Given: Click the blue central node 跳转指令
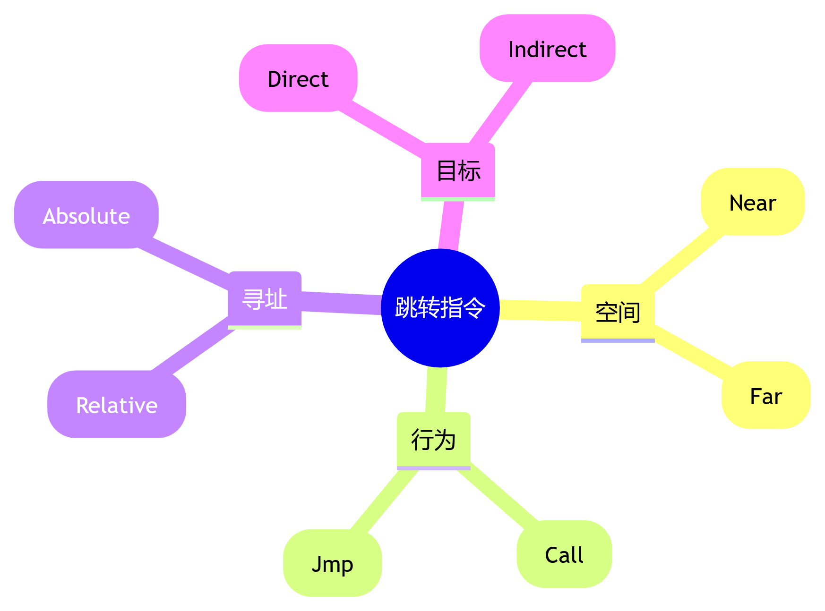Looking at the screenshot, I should click(440, 308).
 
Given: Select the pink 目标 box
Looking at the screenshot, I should click(457, 171).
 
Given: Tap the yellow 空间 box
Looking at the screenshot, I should click(618, 312).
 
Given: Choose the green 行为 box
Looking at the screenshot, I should click(433, 440).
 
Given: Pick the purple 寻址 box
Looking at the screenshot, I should click(265, 299).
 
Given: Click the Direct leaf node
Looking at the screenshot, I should click(298, 78).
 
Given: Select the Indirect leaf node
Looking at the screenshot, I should click(547, 49).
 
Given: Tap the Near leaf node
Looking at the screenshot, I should click(753, 202).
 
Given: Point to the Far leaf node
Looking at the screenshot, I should click(766, 396).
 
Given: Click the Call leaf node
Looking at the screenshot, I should click(564, 554).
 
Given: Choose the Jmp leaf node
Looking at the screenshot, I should click(332, 563).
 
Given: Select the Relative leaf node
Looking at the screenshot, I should click(117, 405).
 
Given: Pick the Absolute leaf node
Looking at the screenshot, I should click(86, 215).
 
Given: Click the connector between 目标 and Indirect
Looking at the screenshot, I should click(501, 112).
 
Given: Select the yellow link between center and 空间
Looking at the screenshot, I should click(540, 310).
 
